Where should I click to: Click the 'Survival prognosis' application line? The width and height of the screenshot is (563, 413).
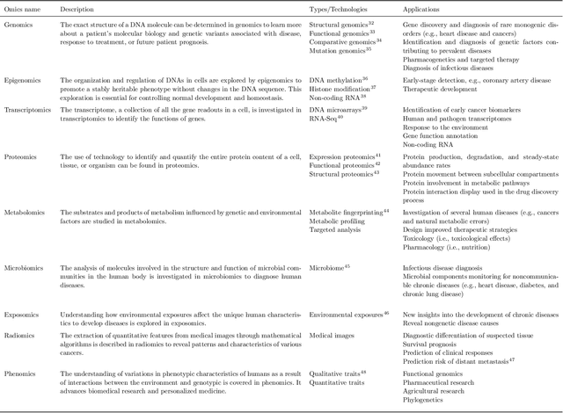(435, 349)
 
